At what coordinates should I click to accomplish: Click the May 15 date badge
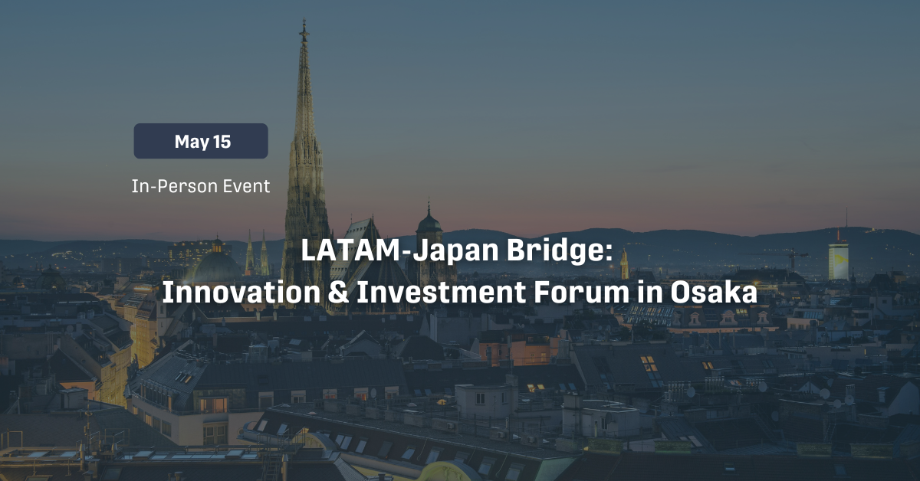pyautogui.click(x=201, y=141)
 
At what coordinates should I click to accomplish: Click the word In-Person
pyautogui.click(x=175, y=186)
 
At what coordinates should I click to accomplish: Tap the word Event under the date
pyautogui.click(x=246, y=186)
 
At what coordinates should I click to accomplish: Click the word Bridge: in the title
pyautogui.click(x=560, y=250)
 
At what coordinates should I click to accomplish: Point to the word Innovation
pyautogui.click(x=241, y=292)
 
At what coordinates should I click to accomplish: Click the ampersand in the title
pyautogui.click(x=338, y=293)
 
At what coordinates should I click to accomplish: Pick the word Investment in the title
pyautogui.click(x=441, y=292)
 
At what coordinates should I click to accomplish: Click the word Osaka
pyautogui.click(x=714, y=293)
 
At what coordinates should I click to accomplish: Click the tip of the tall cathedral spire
pyautogui.click(x=304, y=19)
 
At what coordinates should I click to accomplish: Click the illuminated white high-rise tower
pyautogui.click(x=838, y=261)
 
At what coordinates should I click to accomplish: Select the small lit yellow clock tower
pyautogui.click(x=624, y=264)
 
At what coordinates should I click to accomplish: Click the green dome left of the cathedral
pyautogui.click(x=216, y=265)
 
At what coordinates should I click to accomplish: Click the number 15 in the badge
pyautogui.click(x=222, y=142)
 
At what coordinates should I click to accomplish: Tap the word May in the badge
pyautogui.click(x=192, y=142)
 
